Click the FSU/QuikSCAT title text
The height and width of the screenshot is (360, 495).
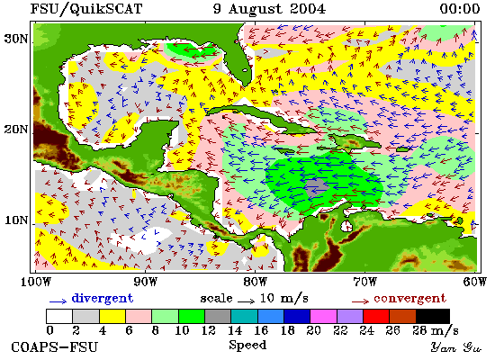(86, 9)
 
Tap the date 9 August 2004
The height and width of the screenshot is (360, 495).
(269, 8)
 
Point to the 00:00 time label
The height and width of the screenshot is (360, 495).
(460, 8)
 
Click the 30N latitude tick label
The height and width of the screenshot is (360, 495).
(16, 39)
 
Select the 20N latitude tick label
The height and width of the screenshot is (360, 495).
(16, 130)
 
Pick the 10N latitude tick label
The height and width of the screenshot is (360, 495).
(16, 220)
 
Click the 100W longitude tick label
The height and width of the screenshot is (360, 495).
(36, 281)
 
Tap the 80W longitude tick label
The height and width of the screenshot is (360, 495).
(255, 281)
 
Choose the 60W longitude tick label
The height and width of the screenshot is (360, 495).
(474, 281)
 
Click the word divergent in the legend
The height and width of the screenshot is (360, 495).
(103, 298)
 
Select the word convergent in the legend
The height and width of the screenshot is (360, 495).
(409, 298)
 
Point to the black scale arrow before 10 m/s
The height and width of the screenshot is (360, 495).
(246, 301)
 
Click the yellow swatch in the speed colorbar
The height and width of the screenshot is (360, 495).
(112, 317)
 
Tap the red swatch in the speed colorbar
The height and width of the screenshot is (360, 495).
(376, 317)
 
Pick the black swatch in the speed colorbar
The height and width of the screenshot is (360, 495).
(433, 317)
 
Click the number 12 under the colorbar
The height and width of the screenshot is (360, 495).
(209, 330)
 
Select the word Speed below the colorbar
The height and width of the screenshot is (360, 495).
(247, 346)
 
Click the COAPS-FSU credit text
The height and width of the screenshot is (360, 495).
(55, 347)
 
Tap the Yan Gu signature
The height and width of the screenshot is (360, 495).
(456, 347)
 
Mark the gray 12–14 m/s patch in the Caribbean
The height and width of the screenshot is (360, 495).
(317, 186)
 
